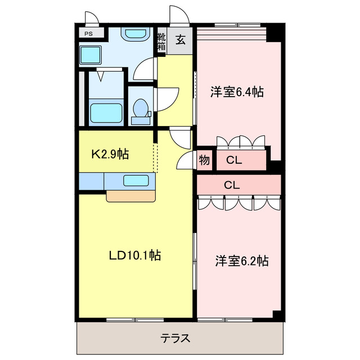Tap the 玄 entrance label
pyautogui.click(x=181, y=39)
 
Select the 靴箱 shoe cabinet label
pyautogui.click(x=161, y=42)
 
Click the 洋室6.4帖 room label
pyautogui.click(x=237, y=91)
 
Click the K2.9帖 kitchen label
pyautogui.click(x=111, y=154)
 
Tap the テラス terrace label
pyautogui.click(x=175, y=339)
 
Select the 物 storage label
pyautogui.click(x=204, y=160)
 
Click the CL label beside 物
pyautogui.click(x=234, y=160)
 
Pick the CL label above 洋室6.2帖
pyautogui.click(x=232, y=184)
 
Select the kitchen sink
pyautogui.click(x=136, y=181)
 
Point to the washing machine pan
pyautogui.click(x=90, y=55)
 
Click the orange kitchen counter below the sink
pyautogui.click(x=130, y=196)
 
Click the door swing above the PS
pyautogui.click(x=91, y=17)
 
